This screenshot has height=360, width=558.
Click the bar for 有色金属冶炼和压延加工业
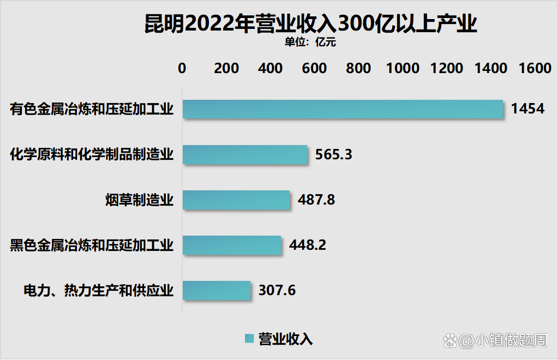[x=343, y=109]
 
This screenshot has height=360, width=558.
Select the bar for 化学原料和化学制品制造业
[x=245, y=154]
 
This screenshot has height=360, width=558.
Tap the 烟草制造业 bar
[x=236, y=200]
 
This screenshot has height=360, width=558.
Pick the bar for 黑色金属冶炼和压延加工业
[x=232, y=245]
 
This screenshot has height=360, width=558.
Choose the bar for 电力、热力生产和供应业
[x=217, y=290]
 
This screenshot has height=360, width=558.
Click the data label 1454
[x=527, y=109]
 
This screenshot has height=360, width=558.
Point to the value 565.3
[x=334, y=154]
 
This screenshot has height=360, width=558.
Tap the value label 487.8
[x=316, y=200]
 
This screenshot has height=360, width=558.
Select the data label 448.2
[x=308, y=245]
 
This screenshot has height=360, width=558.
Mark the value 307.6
[x=277, y=290]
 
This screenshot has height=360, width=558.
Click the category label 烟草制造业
[x=139, y=200]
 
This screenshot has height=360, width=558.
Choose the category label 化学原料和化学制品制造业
[x=92, y=155]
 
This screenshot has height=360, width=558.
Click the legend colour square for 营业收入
[x=249, y=339]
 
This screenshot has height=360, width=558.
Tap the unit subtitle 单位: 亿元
[x=310, y=42]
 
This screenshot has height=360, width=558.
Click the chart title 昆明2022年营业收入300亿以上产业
[x=310, y=24]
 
